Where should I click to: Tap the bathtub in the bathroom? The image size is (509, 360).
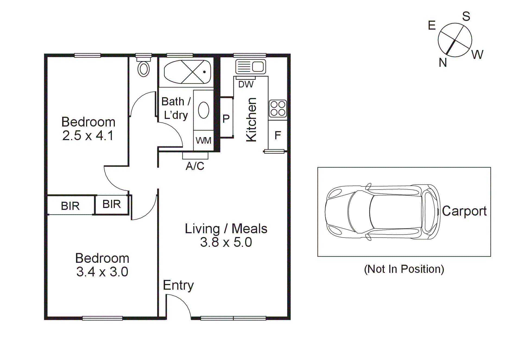tap(187, 72)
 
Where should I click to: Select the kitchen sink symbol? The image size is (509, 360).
tap(250, 67)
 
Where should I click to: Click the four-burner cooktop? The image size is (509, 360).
tap(278, 108)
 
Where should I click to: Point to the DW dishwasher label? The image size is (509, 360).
tap(246, 84)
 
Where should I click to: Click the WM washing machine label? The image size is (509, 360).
tap(203, 141)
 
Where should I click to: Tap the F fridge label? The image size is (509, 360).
tap(278, 135)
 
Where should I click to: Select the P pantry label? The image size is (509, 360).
tap(226, 119)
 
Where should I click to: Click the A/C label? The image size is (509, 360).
tap(195, 166)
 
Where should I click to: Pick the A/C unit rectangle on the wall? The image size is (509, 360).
tap(195, 156)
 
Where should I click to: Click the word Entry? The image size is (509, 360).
tap(178, 285)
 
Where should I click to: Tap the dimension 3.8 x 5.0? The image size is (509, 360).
tap(226, 242)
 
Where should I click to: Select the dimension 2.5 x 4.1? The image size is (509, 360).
tap(88, 135)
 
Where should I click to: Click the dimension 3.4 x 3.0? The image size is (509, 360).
tap(102, 272)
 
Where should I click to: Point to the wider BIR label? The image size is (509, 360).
tap(70, 206)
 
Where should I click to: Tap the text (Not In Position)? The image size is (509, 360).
tap(404, 269)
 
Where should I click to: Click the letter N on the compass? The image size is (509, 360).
tap(443, 63)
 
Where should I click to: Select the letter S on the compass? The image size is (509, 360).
tap(466, 17)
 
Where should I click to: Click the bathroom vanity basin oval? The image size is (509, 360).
tap(204, 110)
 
